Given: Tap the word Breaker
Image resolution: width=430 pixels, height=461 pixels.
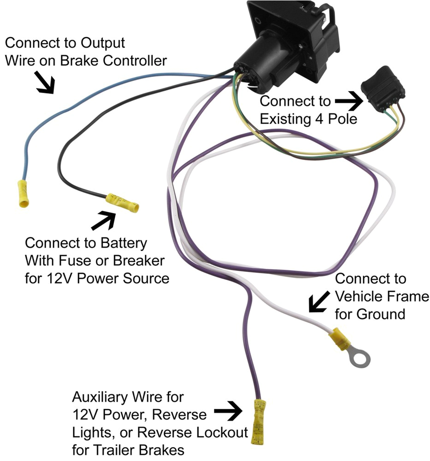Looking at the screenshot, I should tap(138, 260).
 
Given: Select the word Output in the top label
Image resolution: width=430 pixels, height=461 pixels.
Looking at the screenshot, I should tap(102, 43).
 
